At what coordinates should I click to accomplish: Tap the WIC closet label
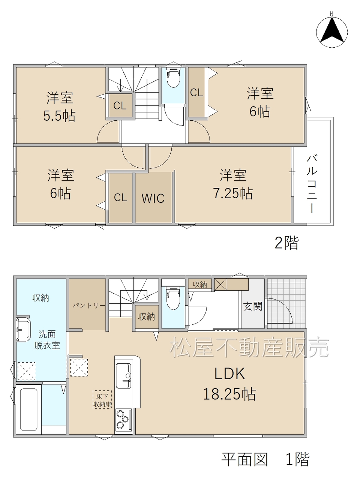pyautogui.click(x=153, y=198)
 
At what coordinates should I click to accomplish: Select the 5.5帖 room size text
pyautogui.click(x=59, y=115)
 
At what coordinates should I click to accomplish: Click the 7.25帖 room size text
pyautogui.click(x=233, y=193)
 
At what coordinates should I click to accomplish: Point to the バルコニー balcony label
pyautogui.click(x=312, y=184)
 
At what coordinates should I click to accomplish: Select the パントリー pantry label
pyautogui.click(x=89, y=306)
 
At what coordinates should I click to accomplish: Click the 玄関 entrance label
pyautogui.click(x=253, y=306)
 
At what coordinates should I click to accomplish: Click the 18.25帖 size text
pyautogui.click(x=229, y=394)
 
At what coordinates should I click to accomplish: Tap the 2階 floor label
pyautogui.click(x=286, y=243)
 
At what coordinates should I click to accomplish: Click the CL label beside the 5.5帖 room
pyautogui.click(x=120, y=106)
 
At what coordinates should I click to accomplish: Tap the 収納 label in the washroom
pyautogui.click(x=40, y=298)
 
